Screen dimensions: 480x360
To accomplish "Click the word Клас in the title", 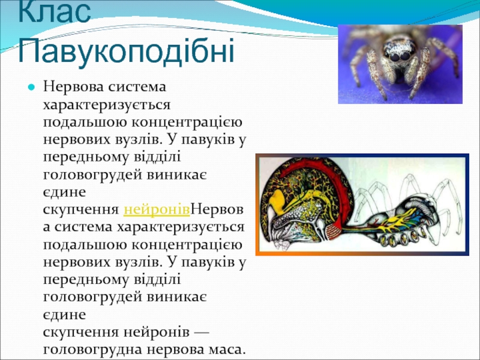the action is (55, 11).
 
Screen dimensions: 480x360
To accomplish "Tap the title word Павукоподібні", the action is (126, 50).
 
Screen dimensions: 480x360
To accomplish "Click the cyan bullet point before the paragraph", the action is (31, 87).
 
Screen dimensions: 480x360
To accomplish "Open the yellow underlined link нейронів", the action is (157, 209).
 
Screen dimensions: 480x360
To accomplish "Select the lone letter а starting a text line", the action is (47, 227).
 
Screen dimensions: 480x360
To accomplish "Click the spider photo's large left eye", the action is (395, 57).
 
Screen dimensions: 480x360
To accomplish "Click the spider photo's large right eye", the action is (406, 56).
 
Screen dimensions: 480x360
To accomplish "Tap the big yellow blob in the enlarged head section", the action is (278, 199).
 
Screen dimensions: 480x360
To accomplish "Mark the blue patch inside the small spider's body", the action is (419, 220).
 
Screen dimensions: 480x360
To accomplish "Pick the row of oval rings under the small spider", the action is (403, 238).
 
